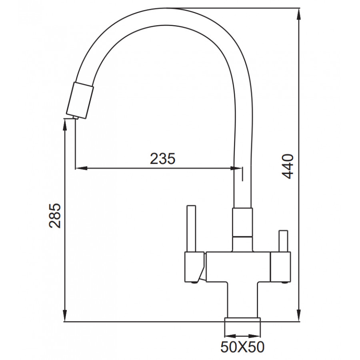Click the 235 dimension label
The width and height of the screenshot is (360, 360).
pos(162,158)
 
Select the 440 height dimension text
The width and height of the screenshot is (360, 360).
pos(288,166)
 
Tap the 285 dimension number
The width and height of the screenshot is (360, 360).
pos(55,215)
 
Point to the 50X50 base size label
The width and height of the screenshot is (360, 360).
pos(242,347)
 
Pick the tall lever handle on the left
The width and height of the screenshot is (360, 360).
pos(192,228)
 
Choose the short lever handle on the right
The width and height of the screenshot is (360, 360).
pos(283,241)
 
